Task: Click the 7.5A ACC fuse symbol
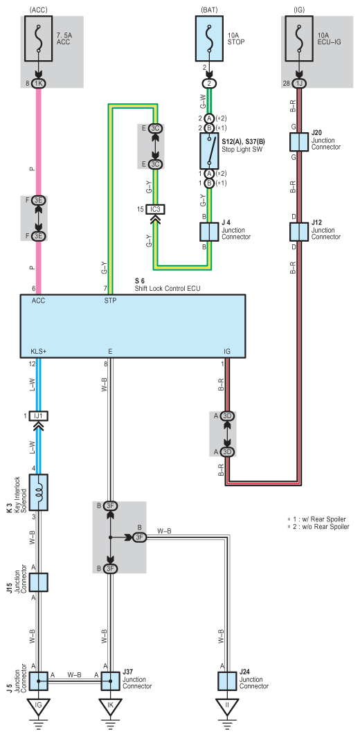point(39,39)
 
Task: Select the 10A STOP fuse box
point(209,39)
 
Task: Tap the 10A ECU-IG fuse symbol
point(299,39)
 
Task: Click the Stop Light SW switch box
point(209,150)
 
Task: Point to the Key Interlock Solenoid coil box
point(39,492)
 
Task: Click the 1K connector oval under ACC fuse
point(39,84)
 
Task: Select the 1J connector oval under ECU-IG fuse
point(299,84)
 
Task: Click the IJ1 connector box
point(39,416)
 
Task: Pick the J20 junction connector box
point(299,142)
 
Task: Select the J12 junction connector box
point(299,231)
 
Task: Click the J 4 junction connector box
point(209,231)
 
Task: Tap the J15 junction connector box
point(39,582)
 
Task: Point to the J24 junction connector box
point(227,681)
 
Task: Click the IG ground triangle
point(39,705)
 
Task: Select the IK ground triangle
point(110,705)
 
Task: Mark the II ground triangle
point(227,705)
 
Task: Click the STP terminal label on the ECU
point(110,301)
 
